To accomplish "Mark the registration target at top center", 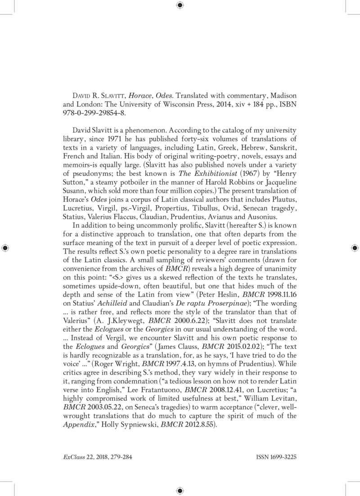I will (180, 5).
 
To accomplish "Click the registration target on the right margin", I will (355, 248).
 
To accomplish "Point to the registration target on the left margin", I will (5, 248).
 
